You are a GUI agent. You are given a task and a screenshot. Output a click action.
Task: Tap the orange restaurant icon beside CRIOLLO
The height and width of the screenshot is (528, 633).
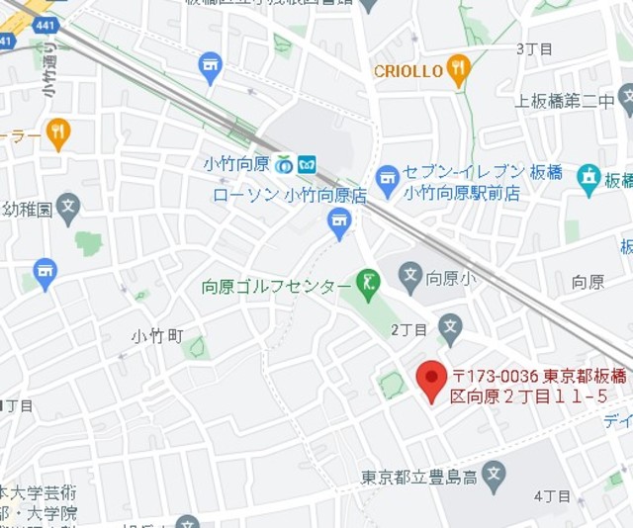(x=457, y=69)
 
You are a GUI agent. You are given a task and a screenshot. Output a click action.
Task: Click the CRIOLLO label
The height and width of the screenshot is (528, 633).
(x=407, y=71)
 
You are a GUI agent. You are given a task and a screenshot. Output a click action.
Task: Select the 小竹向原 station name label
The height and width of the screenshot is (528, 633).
(x=237, y=163)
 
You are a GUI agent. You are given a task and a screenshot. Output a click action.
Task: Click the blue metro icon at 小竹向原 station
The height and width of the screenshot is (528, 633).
(x=308, y=163)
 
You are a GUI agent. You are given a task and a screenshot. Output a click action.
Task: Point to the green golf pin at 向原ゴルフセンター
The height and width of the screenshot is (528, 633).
(x=369, y=284)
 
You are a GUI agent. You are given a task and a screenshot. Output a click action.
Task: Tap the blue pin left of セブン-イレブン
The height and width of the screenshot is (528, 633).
(x=388, y=178)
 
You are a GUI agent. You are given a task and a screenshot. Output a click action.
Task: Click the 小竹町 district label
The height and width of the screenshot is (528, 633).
(x=158, y=336)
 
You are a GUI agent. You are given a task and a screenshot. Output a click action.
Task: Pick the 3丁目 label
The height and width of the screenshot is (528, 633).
(x=534, y=47)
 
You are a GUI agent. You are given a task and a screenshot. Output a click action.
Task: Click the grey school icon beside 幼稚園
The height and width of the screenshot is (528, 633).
(x=68, y=208)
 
